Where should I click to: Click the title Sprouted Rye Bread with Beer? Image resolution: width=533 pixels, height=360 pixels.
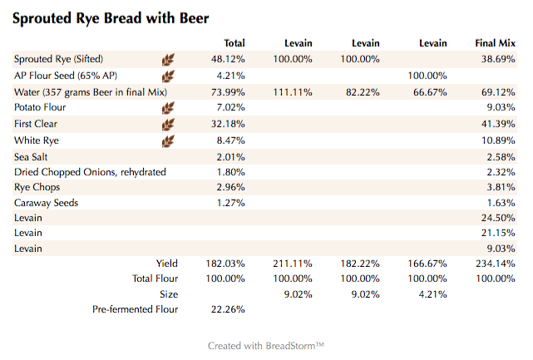tap(111, 17)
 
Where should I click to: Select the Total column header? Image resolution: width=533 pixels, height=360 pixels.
tap(234, 43)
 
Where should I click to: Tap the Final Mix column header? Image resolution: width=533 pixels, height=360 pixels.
tap(496, 43)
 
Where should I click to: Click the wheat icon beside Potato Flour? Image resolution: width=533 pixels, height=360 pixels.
tap(168, 108)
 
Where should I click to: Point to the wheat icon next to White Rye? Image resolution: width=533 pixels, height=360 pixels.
tap(168, 141)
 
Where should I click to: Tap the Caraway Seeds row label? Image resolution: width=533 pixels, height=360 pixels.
tap(47, 202)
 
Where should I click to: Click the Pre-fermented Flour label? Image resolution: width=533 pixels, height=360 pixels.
tap(136, 310)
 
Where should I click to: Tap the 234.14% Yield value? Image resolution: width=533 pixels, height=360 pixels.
tap(496, 264)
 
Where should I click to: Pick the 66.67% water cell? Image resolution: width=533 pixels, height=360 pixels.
tap(430, 91)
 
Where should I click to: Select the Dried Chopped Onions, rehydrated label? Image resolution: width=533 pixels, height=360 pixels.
tap(90, 172)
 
